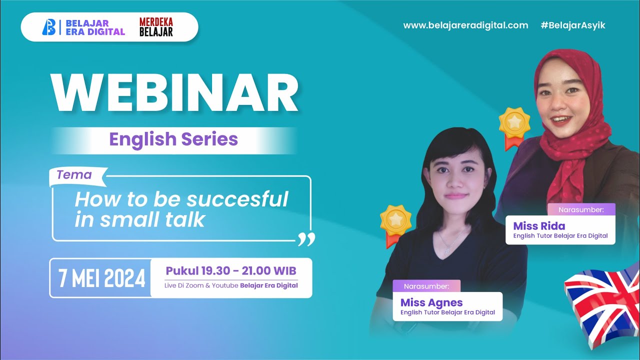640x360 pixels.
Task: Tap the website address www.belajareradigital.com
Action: tap(465, 25)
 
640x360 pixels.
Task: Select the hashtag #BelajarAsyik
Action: tap(572, 25)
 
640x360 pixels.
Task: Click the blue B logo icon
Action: tap(48, 27)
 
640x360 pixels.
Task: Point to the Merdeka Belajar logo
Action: tap(156, 27)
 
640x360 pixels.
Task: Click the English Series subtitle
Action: tap(173, 139)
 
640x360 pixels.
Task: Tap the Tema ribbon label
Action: tap(74, 175)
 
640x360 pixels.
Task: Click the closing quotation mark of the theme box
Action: tap(306, 239)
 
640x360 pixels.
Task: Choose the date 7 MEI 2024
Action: tap(102, 278)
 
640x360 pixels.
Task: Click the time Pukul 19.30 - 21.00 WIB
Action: tap(231, 271)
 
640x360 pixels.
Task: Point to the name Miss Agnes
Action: tap(431, 302)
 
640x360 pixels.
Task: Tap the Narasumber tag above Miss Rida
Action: tap(580, 210)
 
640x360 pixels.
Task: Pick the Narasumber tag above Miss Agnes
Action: tap(426, 286)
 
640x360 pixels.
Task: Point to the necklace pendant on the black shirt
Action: tap(443, 248)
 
